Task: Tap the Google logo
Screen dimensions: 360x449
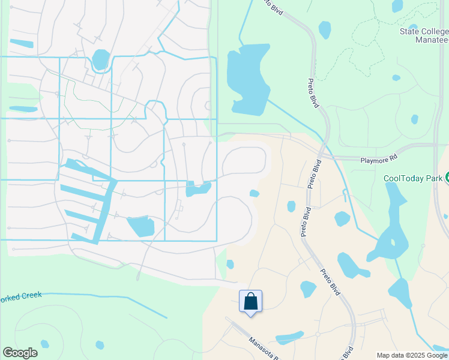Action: coord(20,353)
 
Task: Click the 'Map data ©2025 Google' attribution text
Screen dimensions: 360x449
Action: coord(412,355)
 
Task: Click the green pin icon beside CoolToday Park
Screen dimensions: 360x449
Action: coord(446,178)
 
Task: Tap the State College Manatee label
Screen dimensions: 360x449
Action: coord(424,36)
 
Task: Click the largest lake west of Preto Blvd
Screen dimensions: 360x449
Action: coord(246,78)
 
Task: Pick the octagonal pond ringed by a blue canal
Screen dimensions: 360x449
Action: coord(101,60)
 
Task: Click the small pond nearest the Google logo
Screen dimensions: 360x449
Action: coord(44,344)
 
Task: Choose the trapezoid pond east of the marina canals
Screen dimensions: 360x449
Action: coord(141,226)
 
